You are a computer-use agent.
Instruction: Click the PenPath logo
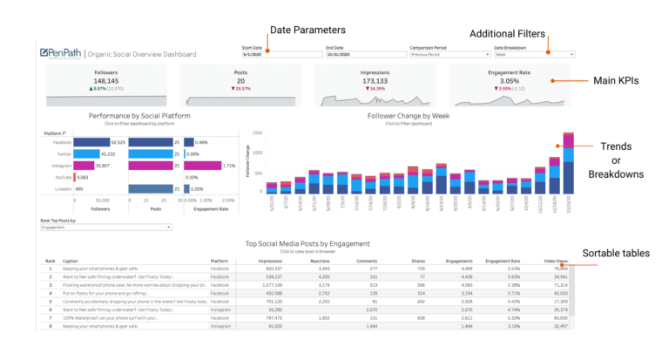click(61, 52)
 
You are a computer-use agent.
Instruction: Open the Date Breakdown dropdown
click(534, 54)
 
